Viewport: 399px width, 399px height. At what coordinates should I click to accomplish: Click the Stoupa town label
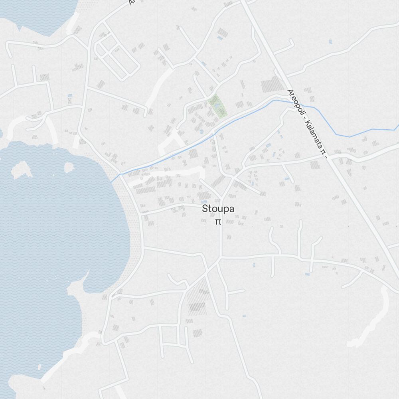click(x=218, y=209)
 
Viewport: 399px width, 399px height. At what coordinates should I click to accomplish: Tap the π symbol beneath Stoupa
click(x=218, y=222)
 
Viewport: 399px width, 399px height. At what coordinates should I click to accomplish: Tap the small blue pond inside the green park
click(x=217, y=106)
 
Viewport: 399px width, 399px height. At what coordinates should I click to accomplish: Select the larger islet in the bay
click(x=21, y=169)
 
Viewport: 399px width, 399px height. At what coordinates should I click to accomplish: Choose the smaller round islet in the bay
click(x=69, y=166)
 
